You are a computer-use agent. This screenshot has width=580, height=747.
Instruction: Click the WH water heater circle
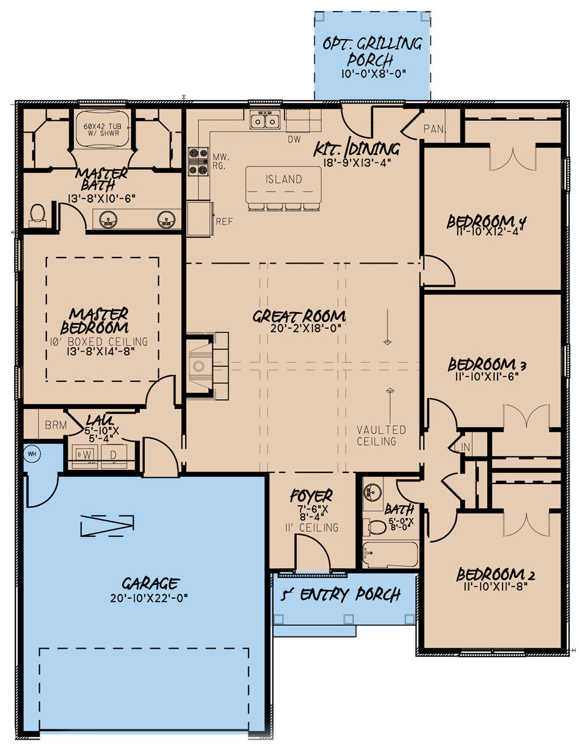32,454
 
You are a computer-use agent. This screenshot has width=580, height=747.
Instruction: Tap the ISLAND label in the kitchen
283,179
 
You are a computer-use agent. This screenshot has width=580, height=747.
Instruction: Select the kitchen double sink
265,120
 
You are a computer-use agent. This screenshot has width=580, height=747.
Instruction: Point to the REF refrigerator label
224,222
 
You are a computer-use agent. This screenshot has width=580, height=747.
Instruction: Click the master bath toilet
38,214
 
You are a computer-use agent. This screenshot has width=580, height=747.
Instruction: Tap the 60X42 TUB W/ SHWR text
102,132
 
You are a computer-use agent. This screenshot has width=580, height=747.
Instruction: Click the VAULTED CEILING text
382,435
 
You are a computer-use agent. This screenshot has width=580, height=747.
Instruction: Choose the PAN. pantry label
433,129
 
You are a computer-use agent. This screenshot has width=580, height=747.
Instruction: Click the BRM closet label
56,425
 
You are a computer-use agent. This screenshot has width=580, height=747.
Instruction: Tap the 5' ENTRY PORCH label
341,594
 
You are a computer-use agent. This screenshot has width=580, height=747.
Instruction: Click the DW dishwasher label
294,140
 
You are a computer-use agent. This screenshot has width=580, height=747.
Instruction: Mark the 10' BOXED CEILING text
100,341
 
